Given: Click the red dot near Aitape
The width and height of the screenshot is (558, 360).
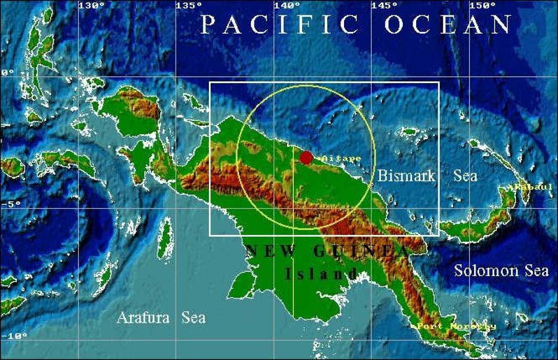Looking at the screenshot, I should click(x=306, y=158).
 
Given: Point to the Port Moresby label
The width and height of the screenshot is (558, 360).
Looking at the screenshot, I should click(x=454, y=326).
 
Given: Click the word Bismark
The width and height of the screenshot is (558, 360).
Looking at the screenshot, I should click(x=406, y=176).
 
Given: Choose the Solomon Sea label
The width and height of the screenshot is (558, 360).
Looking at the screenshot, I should click(x=493, y=270).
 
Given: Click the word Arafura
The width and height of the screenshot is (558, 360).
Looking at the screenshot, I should click(x=143, y=317).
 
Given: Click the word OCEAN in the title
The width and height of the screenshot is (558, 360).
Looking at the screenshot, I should click(x=448, y=25).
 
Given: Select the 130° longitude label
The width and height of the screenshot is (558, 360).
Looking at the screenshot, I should click(x=91, y=6).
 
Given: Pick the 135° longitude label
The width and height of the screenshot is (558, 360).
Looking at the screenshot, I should click(x=189, y=6).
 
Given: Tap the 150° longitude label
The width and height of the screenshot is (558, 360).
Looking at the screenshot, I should click(x=482, y=6).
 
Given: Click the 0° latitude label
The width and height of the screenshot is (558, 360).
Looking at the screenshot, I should click(x=7, y=73).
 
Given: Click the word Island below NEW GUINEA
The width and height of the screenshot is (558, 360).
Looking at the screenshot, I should click(x=315, y=274).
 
